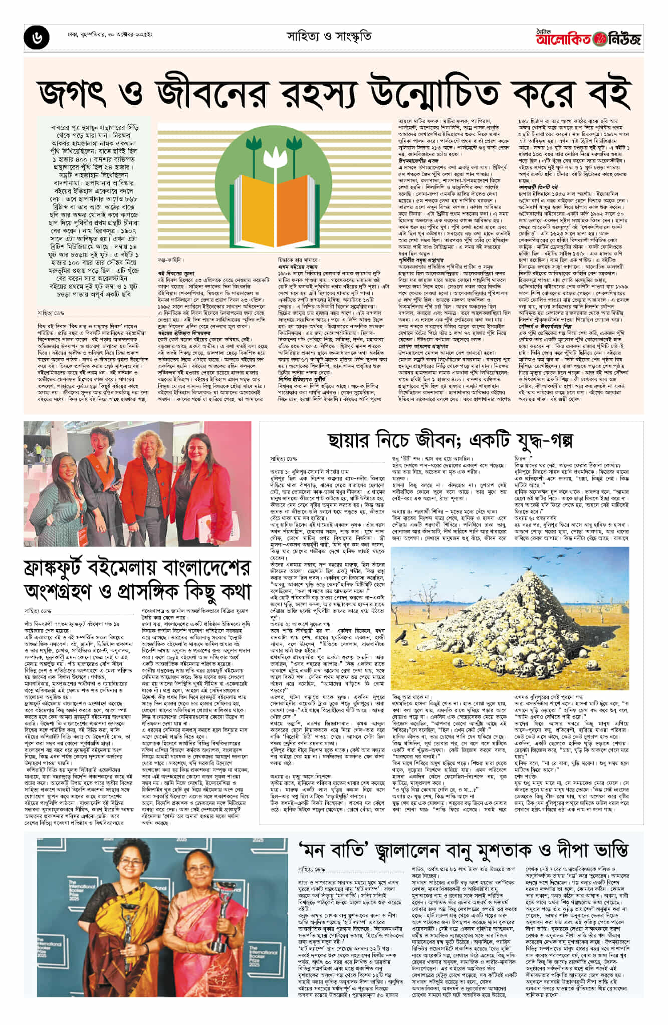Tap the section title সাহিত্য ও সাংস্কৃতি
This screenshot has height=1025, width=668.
329,37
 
